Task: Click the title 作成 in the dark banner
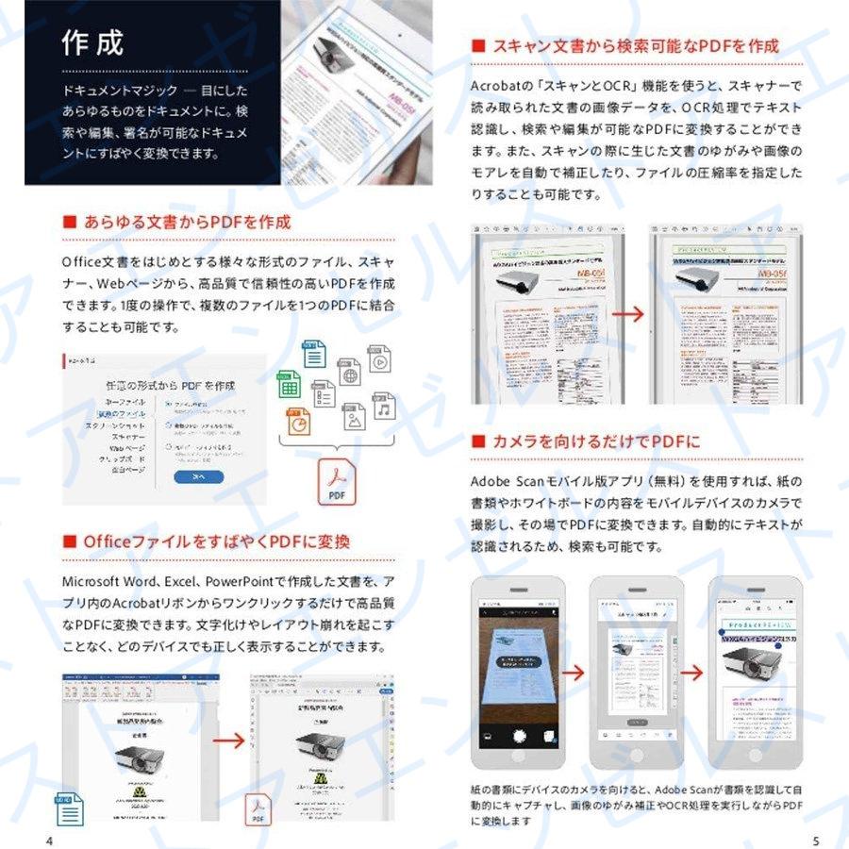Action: tap(92, 42)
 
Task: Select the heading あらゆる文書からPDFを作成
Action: tap(187, 223)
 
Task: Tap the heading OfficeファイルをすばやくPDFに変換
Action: tap(216, 541)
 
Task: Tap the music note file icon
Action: tap(383, 408)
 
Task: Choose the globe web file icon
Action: tap(350, 373)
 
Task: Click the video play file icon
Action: tap(379, 359)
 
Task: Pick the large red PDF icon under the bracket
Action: tap(336, 483)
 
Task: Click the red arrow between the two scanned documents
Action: tap(635, 314)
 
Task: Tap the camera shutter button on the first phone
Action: tap(519, 735)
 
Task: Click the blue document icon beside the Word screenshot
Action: tap(69, 808)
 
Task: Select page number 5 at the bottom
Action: tap(815, 840)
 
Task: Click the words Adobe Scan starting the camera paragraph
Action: tap(507, 481)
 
